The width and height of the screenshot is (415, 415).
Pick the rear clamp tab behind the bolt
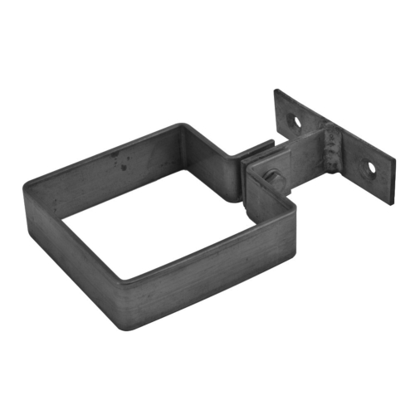tap(257, 152)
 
